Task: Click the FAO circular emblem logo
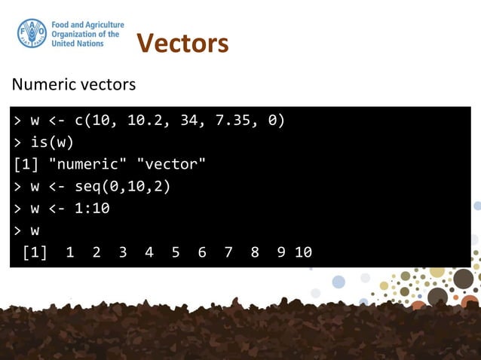pyautogui.click(x=32, y=34)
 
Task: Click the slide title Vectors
pyautogui.click(x=182, y=44)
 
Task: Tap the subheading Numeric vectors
pyautogui.click(x=73, y=84)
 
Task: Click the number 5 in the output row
pyautogui.click(x=176, y=252)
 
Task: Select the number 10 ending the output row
pyautogui.click(x=303, y=252)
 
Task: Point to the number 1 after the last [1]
pyautogui.click(x=70, y=252)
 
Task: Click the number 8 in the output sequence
pyautogui.click(x=255, y=252)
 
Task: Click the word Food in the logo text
pyautogui.click(x=62, y=25)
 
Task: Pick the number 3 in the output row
pyautogui.click(x=123, y=252)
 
